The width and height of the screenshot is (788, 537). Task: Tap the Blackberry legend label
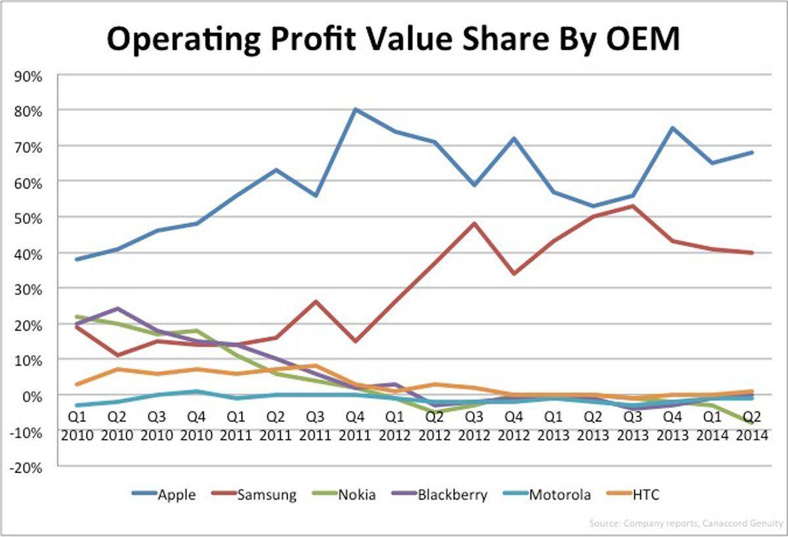(452, 495)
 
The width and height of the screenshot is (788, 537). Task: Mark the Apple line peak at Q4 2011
(355, 110)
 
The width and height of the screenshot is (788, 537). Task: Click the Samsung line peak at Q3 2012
(474, 223)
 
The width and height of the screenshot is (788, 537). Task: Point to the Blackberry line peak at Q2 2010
(117, 309)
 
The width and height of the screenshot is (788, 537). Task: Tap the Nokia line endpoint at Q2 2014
(752, 423)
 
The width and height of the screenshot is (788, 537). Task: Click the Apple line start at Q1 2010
(77, 259)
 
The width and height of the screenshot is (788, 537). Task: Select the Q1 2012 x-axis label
(395, 427)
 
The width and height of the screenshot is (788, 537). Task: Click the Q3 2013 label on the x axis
(632, 427)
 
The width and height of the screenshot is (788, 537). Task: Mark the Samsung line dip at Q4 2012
(514, 273)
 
